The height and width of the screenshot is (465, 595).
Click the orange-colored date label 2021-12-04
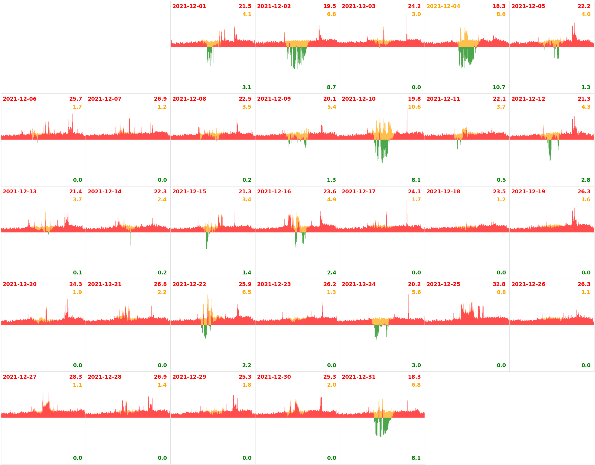(443, 6)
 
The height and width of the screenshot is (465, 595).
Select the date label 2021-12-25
(443, 284)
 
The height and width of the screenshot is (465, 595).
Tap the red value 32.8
(499, 284)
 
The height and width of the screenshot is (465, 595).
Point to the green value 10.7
(499, 87)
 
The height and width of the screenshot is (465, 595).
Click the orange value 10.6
(414, 107)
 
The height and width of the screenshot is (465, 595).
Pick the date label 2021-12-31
(358, 377)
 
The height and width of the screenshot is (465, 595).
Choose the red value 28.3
(76, 377)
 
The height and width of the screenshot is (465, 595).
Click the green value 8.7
(331, 87)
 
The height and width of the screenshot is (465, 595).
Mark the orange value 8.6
(501, 14)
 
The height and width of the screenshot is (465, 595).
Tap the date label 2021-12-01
(189, 6)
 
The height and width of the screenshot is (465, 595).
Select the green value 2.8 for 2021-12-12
(586, 180)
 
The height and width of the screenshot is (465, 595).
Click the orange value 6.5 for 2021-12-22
(247, 292)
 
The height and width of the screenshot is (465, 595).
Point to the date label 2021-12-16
(274, 192)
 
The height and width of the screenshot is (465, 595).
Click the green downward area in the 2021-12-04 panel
(466, 55)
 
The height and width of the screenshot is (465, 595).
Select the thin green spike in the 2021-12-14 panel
(130, 239)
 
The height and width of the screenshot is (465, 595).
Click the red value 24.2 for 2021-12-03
(414, 6)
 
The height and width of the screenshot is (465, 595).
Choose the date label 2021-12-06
(20, 99)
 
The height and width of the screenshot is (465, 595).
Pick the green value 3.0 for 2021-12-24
(416, 365)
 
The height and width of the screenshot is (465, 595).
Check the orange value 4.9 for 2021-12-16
(332, 200)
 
